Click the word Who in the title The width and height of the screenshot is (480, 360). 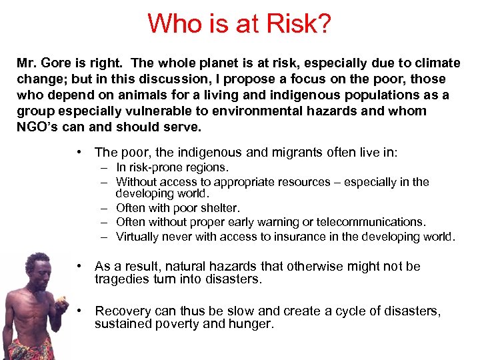coord(175,24)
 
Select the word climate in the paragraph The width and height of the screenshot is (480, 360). coord(434,63)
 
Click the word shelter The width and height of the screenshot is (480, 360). coord(218,209)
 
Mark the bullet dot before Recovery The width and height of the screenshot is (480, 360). coord(80,311)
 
